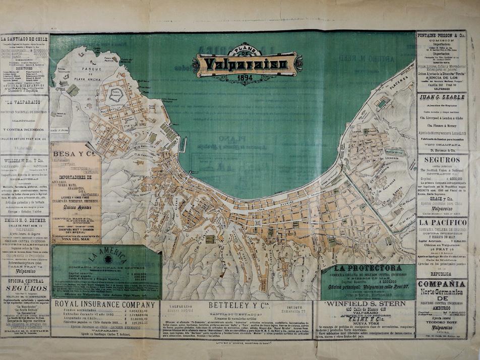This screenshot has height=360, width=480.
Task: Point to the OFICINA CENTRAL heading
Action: [x=24, y=281]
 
